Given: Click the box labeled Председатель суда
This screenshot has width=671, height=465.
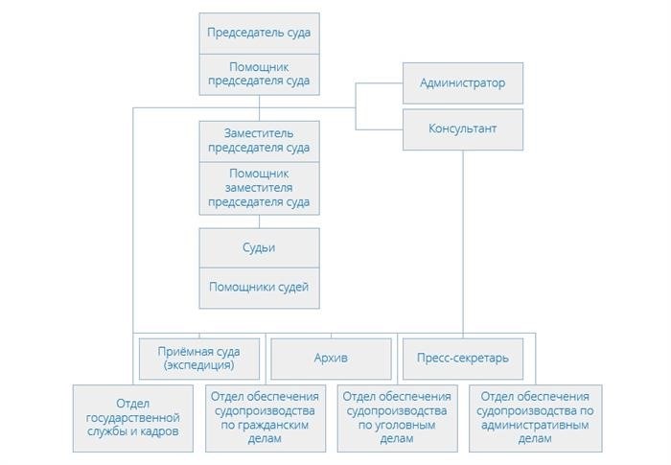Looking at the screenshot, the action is click(259, 34).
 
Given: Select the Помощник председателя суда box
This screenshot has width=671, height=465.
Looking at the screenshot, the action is click(259, 75).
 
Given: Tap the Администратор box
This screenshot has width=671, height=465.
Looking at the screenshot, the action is click(463, 83).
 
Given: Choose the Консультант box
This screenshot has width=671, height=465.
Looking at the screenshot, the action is click(463, 129).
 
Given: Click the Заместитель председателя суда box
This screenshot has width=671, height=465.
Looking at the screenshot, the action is click(259, 141).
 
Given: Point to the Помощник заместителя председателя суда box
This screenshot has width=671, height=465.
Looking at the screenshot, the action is click(259, 189).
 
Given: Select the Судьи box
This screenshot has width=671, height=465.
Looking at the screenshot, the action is click(259, 248).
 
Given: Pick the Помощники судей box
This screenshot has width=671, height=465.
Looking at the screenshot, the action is click(259, 289).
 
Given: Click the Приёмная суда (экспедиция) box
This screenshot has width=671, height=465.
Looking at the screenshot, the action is click(199, 359).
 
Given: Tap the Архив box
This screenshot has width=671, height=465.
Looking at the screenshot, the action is click(331, 359).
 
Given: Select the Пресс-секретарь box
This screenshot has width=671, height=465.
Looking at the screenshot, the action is click(463, 359).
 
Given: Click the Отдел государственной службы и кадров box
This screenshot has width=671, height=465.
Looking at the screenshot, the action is click(132, 418).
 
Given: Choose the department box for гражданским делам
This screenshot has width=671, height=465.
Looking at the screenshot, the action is click(266, 418).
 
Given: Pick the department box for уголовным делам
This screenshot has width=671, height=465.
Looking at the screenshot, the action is click(397, 418).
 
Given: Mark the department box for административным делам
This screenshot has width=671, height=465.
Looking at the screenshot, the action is click(535, 418).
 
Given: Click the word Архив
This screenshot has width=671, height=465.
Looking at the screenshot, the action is click(331, 358).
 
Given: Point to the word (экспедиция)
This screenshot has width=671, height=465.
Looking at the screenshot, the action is click(199, 365).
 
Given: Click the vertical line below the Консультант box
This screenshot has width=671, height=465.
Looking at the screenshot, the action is click(463, 242).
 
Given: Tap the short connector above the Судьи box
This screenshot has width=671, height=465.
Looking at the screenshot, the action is click(259, 221).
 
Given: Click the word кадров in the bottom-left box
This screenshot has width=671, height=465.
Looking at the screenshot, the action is click(160, 431).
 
